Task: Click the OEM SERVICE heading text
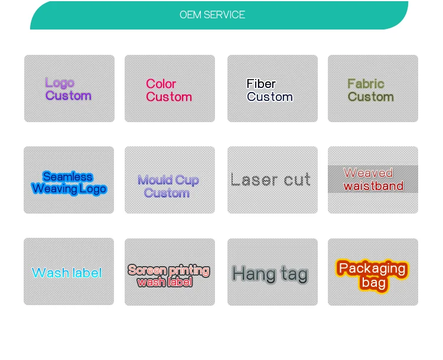[212, 15]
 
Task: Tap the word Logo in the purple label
[60, 83]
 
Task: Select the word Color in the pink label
[161, 84]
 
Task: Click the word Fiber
[261, 84]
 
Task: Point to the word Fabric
[366, 84]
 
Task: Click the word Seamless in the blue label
[68, 176]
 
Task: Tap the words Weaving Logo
[69, 189]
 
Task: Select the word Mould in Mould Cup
[155, 180]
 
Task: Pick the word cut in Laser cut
[297, 179]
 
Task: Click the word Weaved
[368, 173]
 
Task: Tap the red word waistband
[373, 186]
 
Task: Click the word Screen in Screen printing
[147, 270]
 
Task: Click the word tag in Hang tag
[294, 274]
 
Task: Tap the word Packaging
[372, 269]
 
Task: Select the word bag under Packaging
[373, 283]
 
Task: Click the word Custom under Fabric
[370, 97]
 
